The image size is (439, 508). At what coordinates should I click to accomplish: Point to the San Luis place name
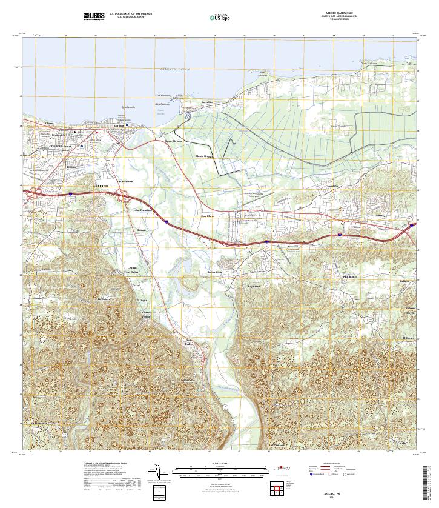(120, 126)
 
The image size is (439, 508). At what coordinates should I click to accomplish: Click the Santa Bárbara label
(174, 141)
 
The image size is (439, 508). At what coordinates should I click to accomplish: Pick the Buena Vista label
(216, 272)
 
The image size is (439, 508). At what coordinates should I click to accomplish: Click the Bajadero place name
(254, 286)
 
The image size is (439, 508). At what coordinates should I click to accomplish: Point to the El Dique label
(142, 300)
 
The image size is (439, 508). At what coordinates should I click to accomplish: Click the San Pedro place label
(189, 341)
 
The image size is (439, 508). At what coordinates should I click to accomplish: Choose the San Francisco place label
(143, 210)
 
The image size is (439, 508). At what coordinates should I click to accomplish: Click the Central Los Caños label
(133, 269)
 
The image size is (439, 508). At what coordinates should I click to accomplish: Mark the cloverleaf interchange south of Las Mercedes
(123, 196)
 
